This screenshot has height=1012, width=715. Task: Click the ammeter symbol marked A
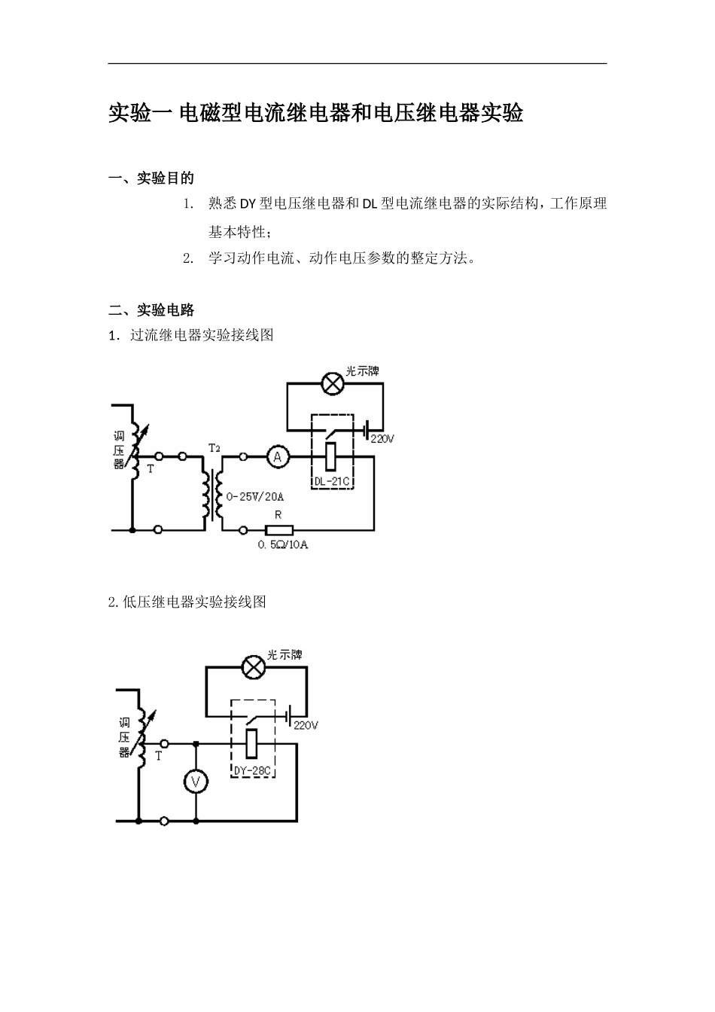(277, 456)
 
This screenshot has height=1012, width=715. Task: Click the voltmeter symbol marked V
(196, 782)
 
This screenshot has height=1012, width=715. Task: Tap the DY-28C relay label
(252, 771)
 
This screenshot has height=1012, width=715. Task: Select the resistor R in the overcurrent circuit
(278, 529)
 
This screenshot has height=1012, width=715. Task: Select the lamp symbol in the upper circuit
(333, 384)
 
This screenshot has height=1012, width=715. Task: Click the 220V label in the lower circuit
(306, 726)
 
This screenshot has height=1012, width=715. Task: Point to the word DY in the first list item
(248, 203)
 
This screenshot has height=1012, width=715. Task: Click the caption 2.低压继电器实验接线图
(187, 602)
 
